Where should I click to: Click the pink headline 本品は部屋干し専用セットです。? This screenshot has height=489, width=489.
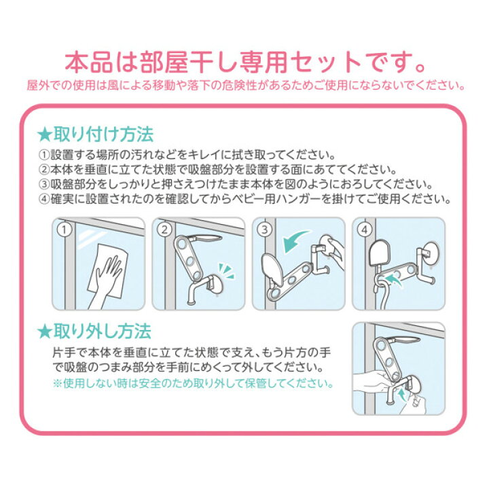[x=245, y=62]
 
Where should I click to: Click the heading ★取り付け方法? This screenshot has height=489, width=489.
[x=95, y=134]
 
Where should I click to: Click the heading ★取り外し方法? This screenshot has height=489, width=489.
[x=94, y=331]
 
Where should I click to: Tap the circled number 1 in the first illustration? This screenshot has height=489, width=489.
[x=65, y=230]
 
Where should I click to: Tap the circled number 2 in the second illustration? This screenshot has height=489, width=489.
[x=164, y=230]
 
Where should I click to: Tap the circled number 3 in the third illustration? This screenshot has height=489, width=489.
[x=264, y=230]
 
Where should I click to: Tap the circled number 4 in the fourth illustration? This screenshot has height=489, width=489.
[x=365, y=230]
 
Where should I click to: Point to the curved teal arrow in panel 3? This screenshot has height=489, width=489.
[x=295, y=240]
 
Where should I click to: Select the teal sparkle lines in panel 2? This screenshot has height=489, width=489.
[x=227, y=271]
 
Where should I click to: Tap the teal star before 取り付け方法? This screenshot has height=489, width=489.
[x=44, y=135]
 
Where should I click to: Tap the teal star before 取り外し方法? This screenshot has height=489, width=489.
[x=44, y=332]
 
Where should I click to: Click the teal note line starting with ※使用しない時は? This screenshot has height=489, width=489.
[x=192, y=383]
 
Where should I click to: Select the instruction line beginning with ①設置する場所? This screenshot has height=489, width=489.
[x=187, y=154]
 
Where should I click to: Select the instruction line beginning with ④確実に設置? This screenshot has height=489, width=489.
[x=244, y=198]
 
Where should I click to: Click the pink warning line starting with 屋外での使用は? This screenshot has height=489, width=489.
[x=245, y=85]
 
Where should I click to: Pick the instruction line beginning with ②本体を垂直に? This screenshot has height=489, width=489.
[x=217, y=169]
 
